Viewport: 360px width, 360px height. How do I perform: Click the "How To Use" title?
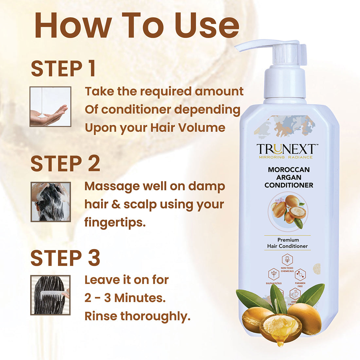click(137, 26)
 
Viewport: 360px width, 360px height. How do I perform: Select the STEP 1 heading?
click(63, 69)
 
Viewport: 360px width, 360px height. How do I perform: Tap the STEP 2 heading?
click(65, 164)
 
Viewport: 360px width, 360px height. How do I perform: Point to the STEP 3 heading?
click(65, 258)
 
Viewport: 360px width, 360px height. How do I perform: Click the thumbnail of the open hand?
click(50, 107)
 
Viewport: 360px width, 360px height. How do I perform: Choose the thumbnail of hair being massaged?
click(51, 202)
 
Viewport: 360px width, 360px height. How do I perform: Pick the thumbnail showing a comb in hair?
click(50, 295)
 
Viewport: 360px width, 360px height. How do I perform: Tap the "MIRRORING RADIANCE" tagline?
click(286, 157)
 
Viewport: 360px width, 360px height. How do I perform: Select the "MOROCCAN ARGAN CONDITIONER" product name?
click(289, 177)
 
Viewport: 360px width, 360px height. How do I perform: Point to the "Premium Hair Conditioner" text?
click(287, 243)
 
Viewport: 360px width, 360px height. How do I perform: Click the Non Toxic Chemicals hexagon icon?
click(287, 260)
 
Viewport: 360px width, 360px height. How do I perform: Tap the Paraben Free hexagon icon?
click(300, 274)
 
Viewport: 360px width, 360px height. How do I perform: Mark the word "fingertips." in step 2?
click(115, 223)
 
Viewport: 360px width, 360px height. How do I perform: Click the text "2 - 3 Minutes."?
click(125, 298)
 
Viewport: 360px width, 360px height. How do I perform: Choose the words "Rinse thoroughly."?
click(137, 316)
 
